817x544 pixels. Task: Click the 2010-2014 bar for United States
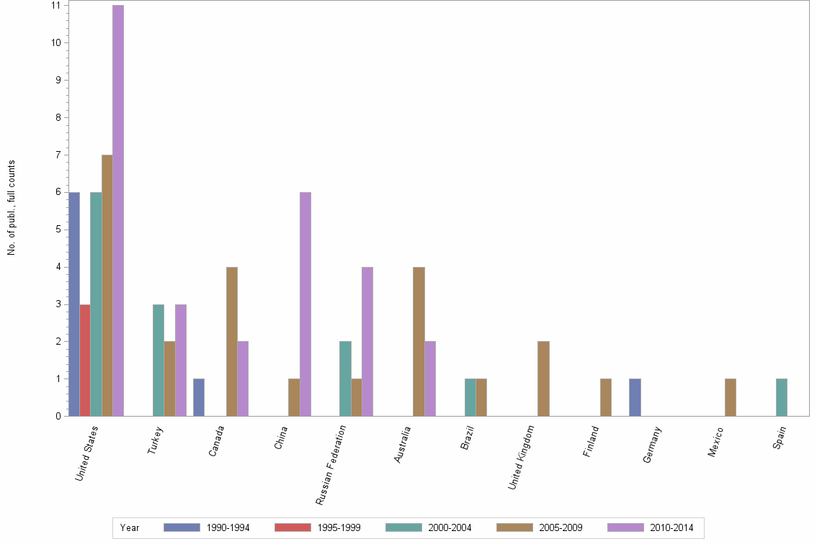click(x=118, y=211)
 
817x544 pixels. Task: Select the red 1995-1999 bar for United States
click(x=85, y=360)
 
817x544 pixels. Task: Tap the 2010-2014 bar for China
click(x=305, y=304)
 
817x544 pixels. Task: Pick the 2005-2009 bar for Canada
click(x=232, y=341)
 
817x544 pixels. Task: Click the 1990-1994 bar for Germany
click(x=635, y=397)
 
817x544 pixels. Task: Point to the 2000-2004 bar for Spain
click(x=782, y=397)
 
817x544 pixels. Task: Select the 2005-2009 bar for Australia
click(x=419, y=341)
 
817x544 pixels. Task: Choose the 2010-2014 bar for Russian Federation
click(x=367, y=341)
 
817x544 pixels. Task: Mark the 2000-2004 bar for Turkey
click(x=159, y=360)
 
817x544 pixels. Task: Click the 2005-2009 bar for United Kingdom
click(x=543, y=378)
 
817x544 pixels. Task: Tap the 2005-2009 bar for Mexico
click(x=731, y=397)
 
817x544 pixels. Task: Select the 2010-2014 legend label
click(x=671, y=528)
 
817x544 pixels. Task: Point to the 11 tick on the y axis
click(x=55, y=6)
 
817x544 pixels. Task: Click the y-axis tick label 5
click(x=56, y=230)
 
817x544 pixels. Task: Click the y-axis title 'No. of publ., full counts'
click(x=12, y=208)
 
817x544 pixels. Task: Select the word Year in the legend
click(x=130, y=528)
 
